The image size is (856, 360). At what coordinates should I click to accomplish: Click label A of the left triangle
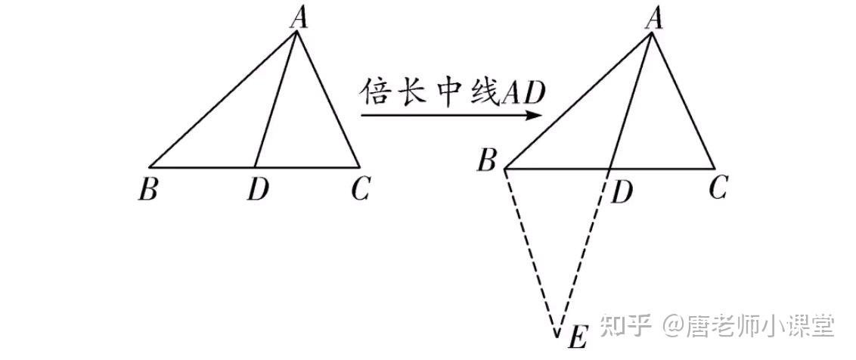coord(299,19)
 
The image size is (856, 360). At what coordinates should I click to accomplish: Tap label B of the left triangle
coord(147,189)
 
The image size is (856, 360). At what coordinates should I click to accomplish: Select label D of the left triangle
coord(257,189)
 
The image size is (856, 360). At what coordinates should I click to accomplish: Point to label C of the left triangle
coord(360,189)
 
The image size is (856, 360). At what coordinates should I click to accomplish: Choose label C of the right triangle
coord(718,188)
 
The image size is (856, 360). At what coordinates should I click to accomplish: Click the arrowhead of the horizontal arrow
coord(534,116)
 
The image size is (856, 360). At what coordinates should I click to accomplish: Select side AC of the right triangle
coord(682,101)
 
